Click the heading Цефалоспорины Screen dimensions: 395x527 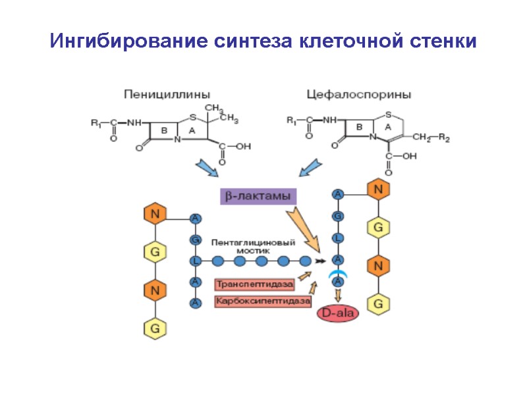(x=359, y=94)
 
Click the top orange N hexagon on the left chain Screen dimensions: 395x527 (x=155, y=214)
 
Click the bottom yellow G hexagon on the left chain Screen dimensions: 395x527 (x=155, y=327)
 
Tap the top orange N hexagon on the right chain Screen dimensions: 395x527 (x=379, y=190)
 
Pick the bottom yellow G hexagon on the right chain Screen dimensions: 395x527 (x=379, y=303)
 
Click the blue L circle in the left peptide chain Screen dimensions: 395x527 (x=196, y=261)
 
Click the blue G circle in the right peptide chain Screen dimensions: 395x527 (x=338, y=215)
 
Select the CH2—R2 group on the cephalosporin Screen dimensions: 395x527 (x=431, y=138)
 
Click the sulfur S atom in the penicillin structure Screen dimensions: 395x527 (x=192, y=118)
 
